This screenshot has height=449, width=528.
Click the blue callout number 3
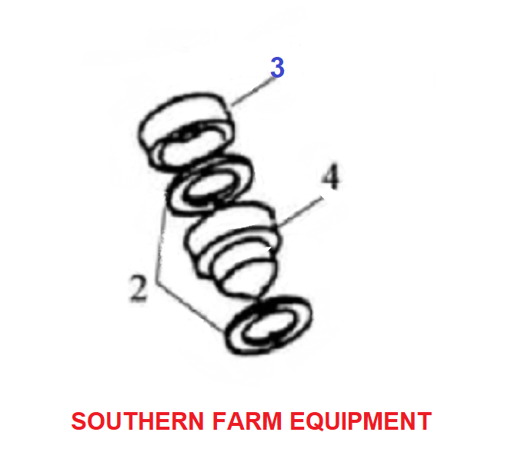(277, 67)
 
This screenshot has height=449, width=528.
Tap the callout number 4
(331, 176)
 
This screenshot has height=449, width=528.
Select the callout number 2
(139, 288)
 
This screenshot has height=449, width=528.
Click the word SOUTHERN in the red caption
(137, 421)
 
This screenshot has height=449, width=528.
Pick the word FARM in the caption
(247, 421)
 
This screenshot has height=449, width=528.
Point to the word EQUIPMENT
(361, 421)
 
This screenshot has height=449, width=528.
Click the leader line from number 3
(252, 91)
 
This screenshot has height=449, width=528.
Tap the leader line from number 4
(300, 211)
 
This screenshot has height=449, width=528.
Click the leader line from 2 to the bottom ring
(190, 307)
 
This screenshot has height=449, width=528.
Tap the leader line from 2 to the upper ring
(162, 238)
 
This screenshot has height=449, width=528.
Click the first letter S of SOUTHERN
(81, 421)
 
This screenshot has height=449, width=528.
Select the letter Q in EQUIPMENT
(316, 421)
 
